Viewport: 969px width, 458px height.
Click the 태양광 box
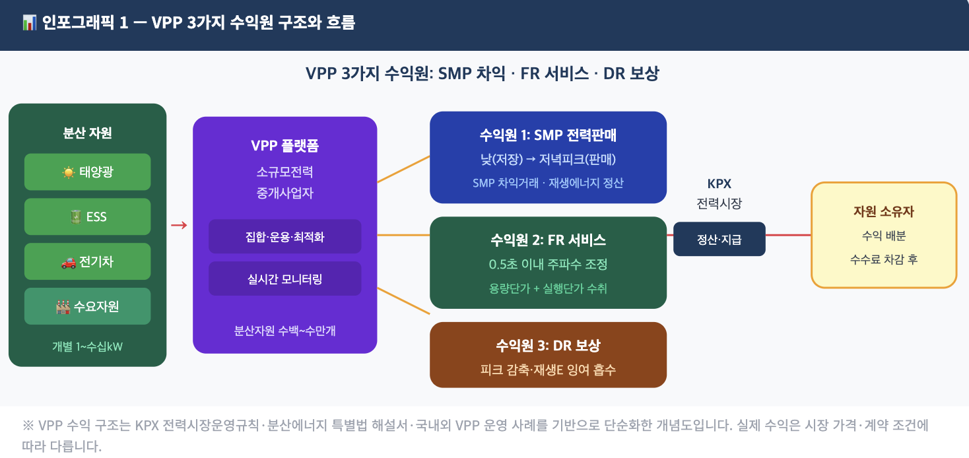tap(87, 172)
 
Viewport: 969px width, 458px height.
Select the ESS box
tap(87, 216)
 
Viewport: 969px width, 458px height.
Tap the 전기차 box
tap(87, 261)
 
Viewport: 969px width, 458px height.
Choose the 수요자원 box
tap(87, 306)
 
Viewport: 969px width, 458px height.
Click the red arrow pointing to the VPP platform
tap(179, 225)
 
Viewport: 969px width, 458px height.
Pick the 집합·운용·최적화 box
tap(284, 236)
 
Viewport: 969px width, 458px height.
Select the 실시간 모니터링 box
tap(284, 279)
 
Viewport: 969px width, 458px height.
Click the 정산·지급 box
tap(719, 239)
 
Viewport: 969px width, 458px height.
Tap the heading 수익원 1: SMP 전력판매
tap(548, 135)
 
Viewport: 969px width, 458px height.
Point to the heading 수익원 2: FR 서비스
tap(548, 240)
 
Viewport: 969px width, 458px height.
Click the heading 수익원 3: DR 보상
tap(548, 346)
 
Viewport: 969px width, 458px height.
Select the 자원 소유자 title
tap(884, 211)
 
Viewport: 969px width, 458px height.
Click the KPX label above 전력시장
tap(719, 184)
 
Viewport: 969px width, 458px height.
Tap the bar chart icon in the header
tap(30, 22)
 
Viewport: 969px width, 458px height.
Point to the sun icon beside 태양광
tap(69, 172)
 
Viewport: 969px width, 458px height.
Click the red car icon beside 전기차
tap(69, 262)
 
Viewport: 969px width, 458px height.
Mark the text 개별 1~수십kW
tap(87, 346)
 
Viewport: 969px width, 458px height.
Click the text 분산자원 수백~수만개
tap(284, 331)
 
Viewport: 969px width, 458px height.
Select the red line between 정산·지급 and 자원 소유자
tap(788, 236)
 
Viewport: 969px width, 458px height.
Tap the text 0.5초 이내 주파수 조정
tap(548, 264)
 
